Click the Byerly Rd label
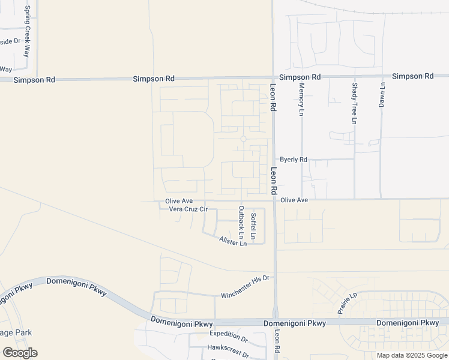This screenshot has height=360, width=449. coord(294,160)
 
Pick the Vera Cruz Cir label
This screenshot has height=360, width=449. coord(188,209)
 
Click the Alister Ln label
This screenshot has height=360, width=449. coord(233,241)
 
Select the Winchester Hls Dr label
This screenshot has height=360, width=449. coord(247,287)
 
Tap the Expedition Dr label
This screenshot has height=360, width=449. coord(229,334)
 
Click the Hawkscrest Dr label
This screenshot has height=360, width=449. coord(228,347)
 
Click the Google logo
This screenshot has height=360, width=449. coord(20,353)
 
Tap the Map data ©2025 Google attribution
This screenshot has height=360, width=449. coord(412,355)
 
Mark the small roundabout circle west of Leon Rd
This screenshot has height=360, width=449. coord(243,139)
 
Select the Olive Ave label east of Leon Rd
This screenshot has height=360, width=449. coord(294,200)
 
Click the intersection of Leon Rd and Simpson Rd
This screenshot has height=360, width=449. coord(273,77)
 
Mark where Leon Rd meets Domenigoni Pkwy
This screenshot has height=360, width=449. coord(276,322)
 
